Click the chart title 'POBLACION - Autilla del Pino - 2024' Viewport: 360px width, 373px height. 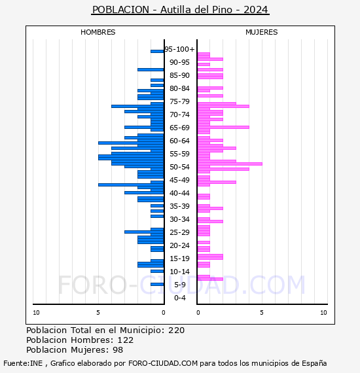click(x=180, y=10)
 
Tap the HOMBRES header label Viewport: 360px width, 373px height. click(x=98, y=32)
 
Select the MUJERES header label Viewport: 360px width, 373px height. click(x=262, y=32)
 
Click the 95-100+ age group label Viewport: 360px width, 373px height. click(x=179, y=49)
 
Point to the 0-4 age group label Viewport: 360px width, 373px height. click(x=179, y=298)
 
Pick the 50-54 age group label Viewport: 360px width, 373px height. click(x=179, y=167)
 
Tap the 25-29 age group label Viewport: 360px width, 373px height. click(x=179, y=232)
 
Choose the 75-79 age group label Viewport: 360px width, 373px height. click(x=179, y=101)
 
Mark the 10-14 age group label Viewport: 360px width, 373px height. click(x=179, y=272)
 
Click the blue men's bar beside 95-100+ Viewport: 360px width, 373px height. click(x=157, y=51)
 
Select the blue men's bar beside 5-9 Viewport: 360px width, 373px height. click(x=157, y=284)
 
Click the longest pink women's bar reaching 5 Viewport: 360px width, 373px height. click(x=230, y=164)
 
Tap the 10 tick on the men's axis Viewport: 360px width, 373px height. click(x=36, y=313)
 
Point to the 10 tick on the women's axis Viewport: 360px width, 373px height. click(x=323, y=313)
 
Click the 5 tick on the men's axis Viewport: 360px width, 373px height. click(x=98, y=313)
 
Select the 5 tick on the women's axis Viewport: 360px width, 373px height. click(x=262, y=313)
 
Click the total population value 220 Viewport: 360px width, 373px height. click(x=176, y=330)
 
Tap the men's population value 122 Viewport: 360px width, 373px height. click(x=126, y=340)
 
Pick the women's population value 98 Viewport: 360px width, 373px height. click(x=118, y=350)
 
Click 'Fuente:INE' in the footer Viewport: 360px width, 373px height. click(x=23, y=363)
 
